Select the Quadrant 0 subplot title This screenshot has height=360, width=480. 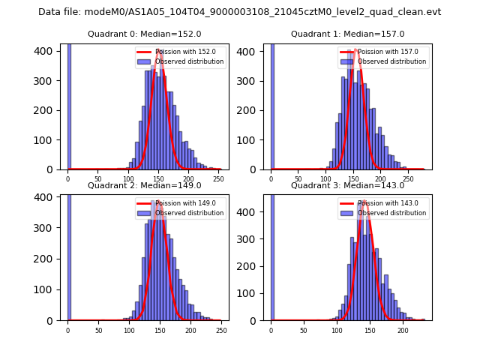(145, 34)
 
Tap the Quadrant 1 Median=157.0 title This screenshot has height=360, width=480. (347, 34)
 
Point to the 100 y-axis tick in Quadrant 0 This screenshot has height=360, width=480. (49, 140)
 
